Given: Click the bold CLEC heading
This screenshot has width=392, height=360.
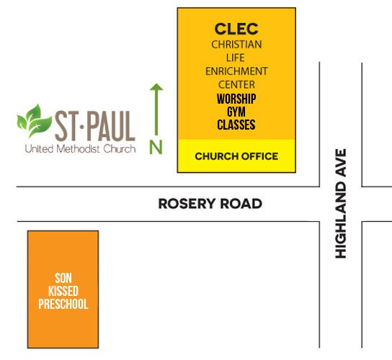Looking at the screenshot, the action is pos(236,29).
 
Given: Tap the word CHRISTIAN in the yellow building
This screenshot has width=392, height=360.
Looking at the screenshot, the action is pos(236,45).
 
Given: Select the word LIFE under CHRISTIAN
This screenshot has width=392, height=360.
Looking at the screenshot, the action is pos(236,58).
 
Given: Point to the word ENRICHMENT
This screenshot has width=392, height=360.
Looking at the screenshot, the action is pos(236,71).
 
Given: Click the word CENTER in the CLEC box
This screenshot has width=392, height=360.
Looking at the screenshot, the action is pos(236,84).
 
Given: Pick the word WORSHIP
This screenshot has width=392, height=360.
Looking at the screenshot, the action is pos(236,99).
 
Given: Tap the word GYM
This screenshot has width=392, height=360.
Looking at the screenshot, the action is pos(236,112).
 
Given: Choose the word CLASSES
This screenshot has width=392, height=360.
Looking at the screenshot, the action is pos(236,125).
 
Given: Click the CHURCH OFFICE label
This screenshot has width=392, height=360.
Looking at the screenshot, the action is pos(236,156).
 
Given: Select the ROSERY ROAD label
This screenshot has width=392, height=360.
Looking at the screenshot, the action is pos(210,204).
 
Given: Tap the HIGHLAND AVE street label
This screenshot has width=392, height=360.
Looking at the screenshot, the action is pos(341,203).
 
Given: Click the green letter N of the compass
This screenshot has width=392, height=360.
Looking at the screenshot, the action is pos(156,147).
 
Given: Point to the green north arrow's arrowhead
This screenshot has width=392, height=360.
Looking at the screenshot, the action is pos(156,86).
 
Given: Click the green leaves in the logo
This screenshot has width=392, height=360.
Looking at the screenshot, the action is pos(35,121).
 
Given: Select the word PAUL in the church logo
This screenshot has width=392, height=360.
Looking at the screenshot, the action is pos(112,126).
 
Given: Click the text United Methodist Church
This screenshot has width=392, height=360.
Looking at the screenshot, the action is pos(80,149).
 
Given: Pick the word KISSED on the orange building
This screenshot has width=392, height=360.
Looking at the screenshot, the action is pos(63,291).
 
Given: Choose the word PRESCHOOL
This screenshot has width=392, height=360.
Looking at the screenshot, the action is pos(63,304).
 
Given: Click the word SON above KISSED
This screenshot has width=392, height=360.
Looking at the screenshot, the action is pos(63,278).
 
